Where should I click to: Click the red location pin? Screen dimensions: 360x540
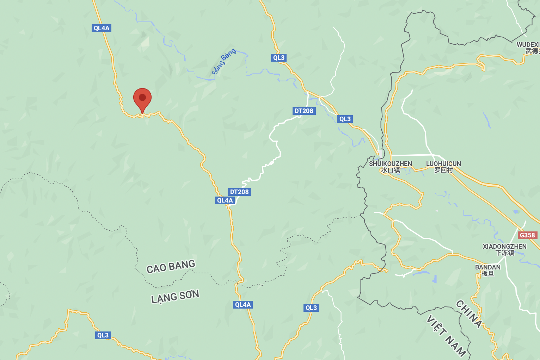pyautogui.click(x=142, y=99)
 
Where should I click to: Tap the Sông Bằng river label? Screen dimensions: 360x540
pyautogui.click(x=223, y=61)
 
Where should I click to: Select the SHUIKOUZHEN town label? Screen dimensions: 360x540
pyautogui.click(x=390, y=164)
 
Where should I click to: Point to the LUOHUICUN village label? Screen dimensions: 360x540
pyautogui.click(x=443, y=164)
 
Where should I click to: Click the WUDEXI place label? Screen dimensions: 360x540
pyautogui.click(x=528, y=45)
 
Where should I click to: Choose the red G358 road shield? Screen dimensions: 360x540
pyautogui.click(x=527, y=235)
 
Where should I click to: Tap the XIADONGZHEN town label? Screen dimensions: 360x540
pyautogui.click(x=504, y=247)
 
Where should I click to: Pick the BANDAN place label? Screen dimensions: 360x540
pyautogui.click(x=487, y=267)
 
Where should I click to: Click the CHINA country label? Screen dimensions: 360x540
pyautogui.click(x=469, y=314)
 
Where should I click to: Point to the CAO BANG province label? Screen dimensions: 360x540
pyautogui.click(x=171, y=266)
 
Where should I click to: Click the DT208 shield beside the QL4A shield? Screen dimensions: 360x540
pyautogui.click(x=239, y=192)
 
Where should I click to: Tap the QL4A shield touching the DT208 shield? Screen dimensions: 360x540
pyautogui.click(x=225, y=200)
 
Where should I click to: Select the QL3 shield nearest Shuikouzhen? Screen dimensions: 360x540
pyautogui.click(x=345, y=119)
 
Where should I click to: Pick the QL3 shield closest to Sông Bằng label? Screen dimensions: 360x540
pyautogui.click(x=278, y=58)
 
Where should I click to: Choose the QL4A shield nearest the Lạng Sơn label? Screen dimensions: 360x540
pyautogui.click(x=243, y=305)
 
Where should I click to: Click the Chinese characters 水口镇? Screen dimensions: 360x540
pyautogui.click(x=390, y=170)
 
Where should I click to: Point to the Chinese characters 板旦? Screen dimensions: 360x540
pyautogui.click(x=487, y=274)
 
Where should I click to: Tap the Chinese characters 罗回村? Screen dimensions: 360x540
pyautogui.click(x=443, y=170)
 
